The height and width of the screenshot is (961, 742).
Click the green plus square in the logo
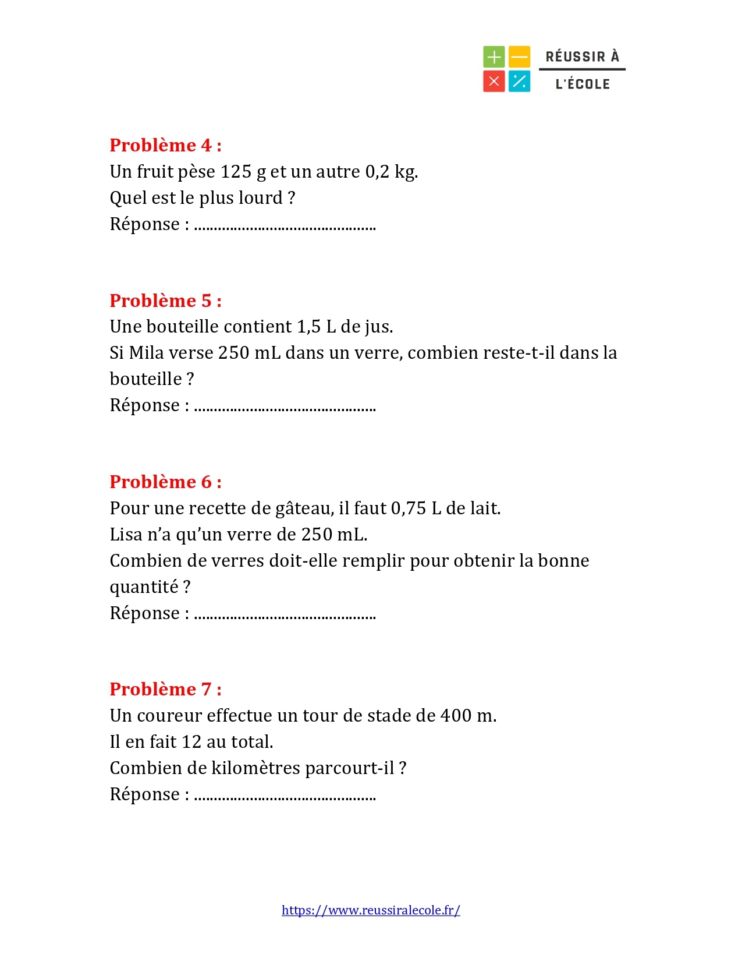[494, 57]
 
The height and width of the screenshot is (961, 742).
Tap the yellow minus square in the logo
[519, 57]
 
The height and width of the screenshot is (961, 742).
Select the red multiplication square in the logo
[494, 82]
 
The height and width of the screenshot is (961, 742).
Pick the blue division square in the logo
[519, 82]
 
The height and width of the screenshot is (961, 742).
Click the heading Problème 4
[165, 145]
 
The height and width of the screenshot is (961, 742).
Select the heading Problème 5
[165, 301]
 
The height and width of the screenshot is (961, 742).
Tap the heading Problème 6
[165, 482]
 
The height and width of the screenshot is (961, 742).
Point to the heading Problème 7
[165, 689]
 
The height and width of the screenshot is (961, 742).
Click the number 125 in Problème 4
[236, 172]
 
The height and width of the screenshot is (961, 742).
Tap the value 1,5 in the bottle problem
[308, 327]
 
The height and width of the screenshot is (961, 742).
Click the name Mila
[146, 353]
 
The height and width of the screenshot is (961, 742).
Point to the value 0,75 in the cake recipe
[409, 508]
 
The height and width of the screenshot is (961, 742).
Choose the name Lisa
[126, 535]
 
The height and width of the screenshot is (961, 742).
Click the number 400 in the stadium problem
[456, 716]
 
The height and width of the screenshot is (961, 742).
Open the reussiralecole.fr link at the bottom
[371, 910]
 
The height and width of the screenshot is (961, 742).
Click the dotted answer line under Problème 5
[285, 408]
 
